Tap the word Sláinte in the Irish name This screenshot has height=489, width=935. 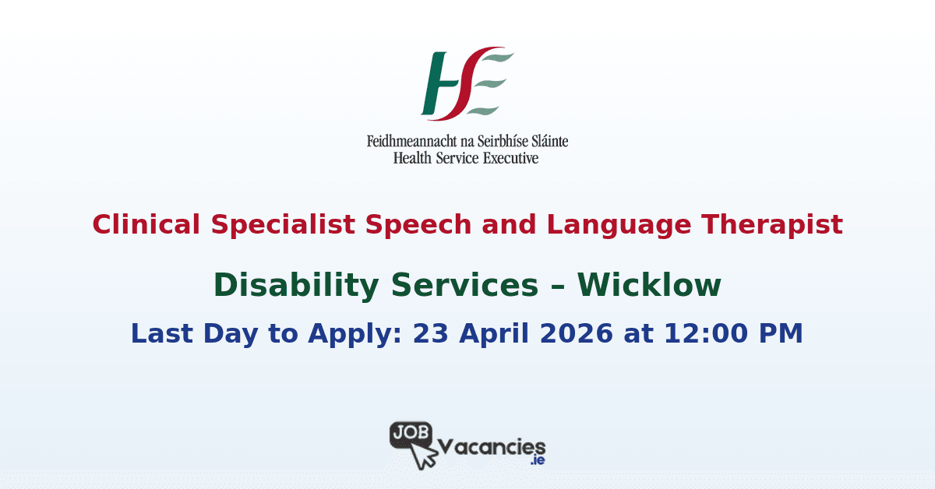pyautogui.click(x=545, y=142)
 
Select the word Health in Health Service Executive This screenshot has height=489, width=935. pyautogui.click(x=414, y=158)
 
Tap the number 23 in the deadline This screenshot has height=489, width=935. pyautogui.click(x=429, y=333)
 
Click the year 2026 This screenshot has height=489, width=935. pyautogui.click(x=577, y=333)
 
